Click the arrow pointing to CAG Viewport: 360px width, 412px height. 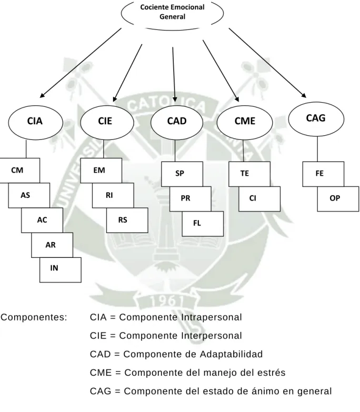(267, 63)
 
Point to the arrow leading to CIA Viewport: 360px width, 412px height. (81, 63)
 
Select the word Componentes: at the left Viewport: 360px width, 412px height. (34, 317)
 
